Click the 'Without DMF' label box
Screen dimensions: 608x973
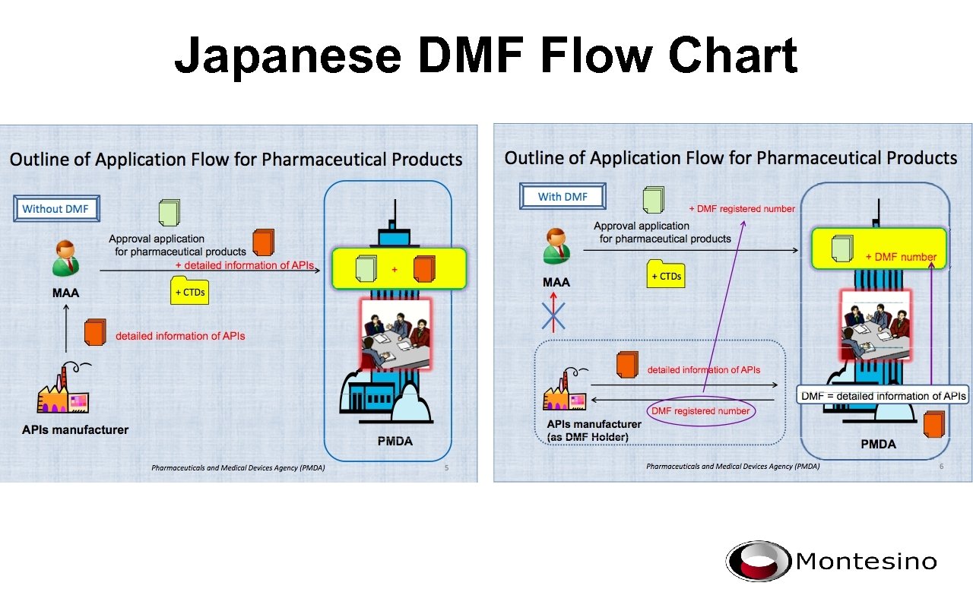57,208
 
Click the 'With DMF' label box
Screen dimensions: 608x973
563,196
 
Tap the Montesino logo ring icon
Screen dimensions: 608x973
758,562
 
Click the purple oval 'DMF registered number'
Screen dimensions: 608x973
700,411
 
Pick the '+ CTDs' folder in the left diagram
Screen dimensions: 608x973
189,291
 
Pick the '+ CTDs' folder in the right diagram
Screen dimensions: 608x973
665,275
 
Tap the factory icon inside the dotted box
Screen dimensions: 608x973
565,389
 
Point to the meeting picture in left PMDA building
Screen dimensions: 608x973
395,333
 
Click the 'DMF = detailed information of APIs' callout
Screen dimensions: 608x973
883,396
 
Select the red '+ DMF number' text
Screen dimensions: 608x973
901,257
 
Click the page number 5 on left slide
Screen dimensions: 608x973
446,467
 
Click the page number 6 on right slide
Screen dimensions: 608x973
941,467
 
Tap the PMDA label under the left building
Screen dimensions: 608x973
395,442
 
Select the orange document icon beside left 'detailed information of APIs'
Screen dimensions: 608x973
95,331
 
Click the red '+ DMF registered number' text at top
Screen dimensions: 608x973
742,209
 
